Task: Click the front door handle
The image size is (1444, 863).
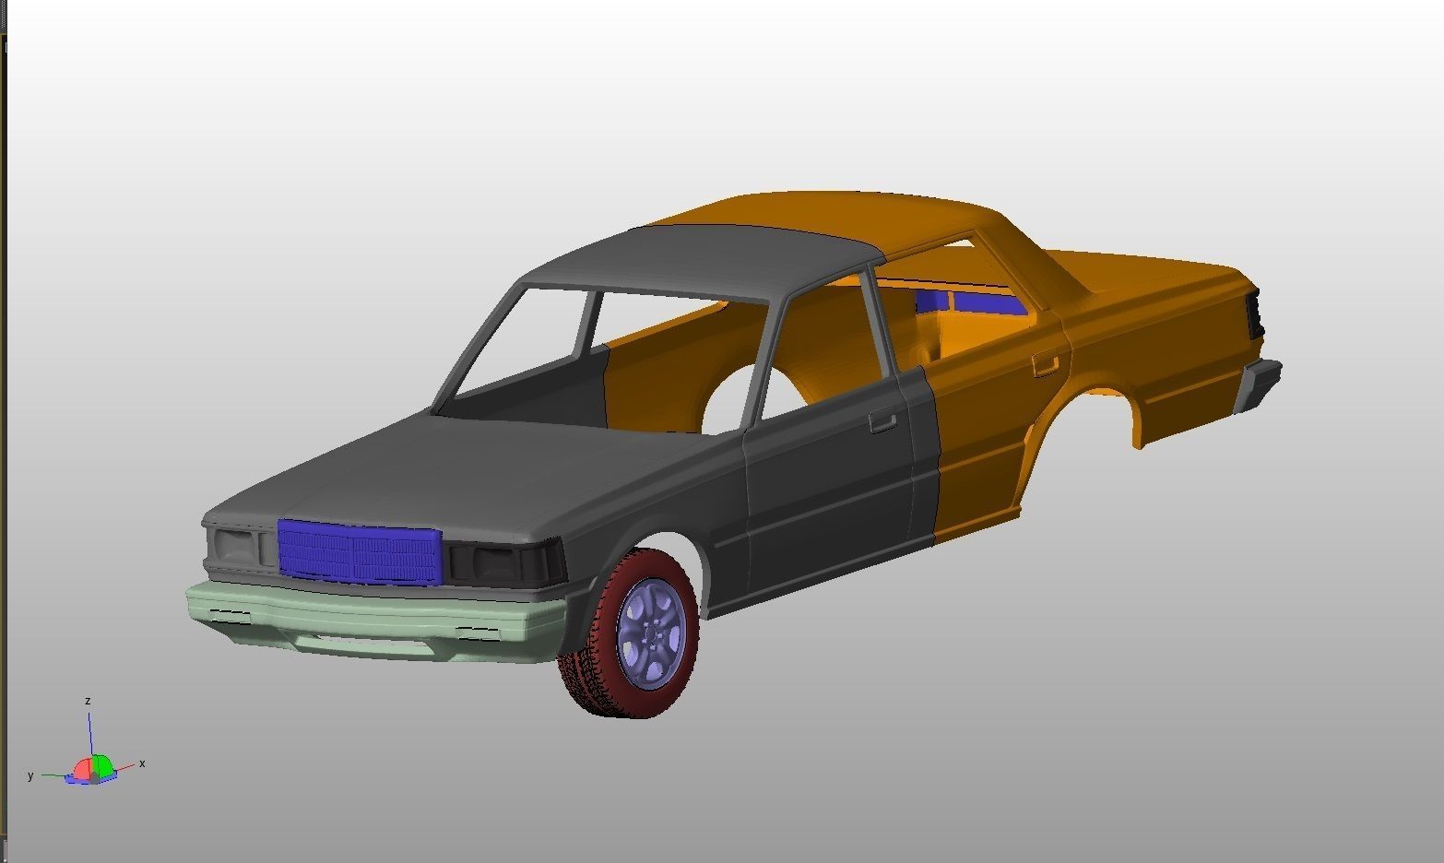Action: (x=882, y=422)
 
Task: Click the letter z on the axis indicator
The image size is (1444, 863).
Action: (x=88, y=702)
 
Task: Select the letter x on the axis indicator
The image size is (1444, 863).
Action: (x=142, y=763)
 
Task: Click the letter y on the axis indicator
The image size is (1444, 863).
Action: (x=30, y=776)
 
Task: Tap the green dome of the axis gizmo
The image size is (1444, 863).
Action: (x=101, y=764)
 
